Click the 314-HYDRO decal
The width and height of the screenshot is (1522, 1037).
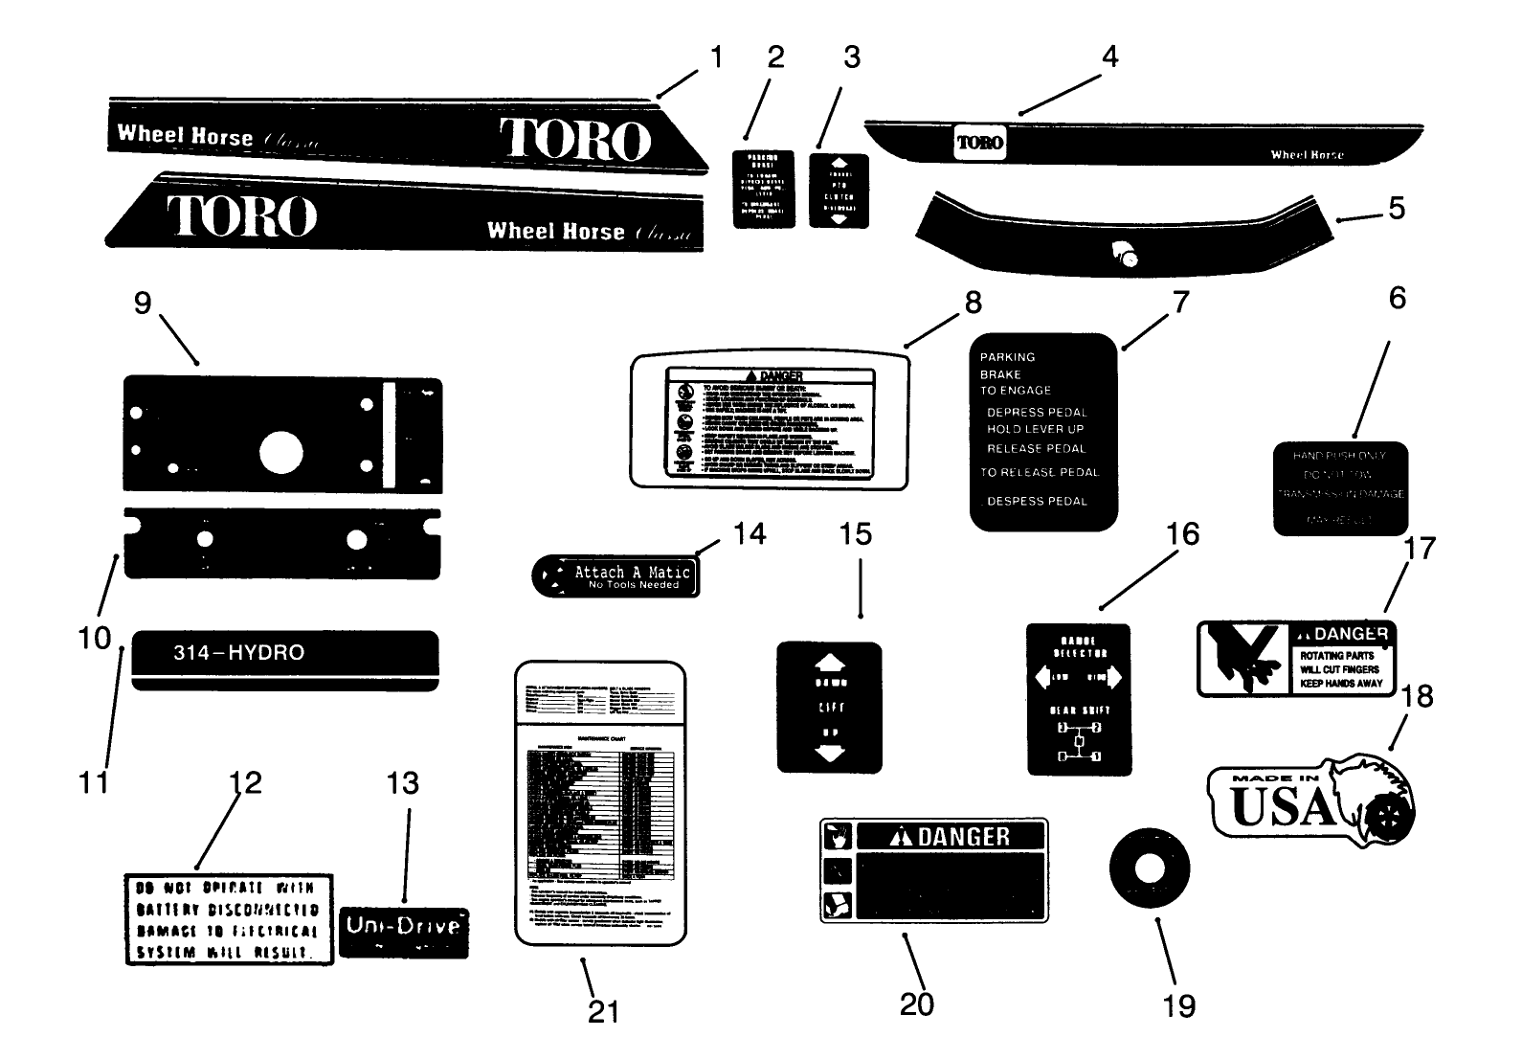[285, 659]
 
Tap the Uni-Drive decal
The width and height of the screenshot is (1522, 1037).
[403, 932]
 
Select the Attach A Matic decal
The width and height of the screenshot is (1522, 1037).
[615, 575]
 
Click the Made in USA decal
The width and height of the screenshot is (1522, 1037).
[1309, 801]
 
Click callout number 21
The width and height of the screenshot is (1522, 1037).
[603, 1010]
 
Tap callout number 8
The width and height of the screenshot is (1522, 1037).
[973, 303]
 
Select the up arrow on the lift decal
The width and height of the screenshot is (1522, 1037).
[829, 663]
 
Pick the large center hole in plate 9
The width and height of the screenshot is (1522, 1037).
[280, 453]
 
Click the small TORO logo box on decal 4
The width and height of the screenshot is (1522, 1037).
[979, 143]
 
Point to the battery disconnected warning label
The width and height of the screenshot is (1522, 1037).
[229, 918]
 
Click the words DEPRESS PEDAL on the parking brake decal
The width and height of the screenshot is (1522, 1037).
[1037, 412]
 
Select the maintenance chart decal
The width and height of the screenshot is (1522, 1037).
[600, 802]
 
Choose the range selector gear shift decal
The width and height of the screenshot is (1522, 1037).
[1078, 699]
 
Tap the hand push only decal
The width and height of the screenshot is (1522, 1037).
[1339, 488]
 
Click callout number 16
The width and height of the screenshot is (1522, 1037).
[1183, 534]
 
